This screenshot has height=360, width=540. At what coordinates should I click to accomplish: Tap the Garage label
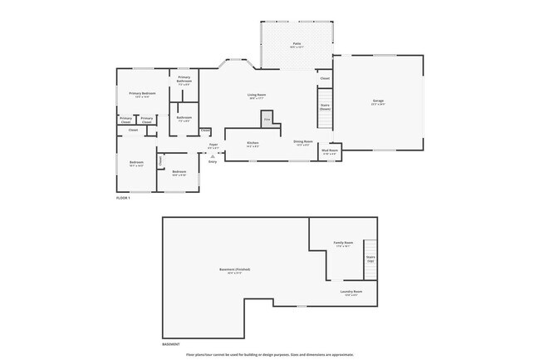click(378, 102)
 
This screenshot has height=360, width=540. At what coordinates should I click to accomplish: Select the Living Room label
click(256, 96)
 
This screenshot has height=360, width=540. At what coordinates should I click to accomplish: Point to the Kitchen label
click(253, 144)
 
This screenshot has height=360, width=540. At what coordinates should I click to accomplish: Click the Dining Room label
click(302, 143)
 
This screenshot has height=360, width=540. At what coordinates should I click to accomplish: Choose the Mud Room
click(329, 152)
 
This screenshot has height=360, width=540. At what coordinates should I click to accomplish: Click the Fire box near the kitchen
click(268, 121)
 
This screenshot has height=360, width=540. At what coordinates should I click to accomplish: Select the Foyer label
click(214, 145)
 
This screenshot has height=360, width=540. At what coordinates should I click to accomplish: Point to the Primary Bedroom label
click(143, 95)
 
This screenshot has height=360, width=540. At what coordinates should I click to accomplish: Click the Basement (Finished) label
click(234, 270)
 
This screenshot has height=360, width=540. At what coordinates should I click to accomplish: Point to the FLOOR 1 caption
click(123, 198)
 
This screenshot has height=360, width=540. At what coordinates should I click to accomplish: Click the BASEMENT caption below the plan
click(171, 343)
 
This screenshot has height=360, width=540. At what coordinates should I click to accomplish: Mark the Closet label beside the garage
click(325, 79)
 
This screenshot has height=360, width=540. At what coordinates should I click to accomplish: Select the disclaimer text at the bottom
click(270, 354)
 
